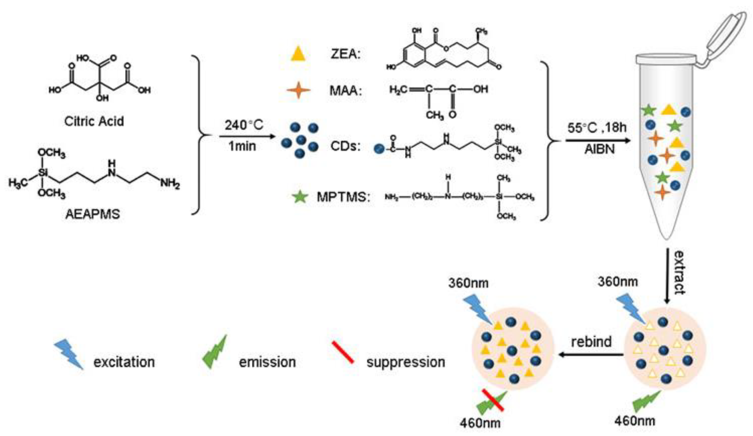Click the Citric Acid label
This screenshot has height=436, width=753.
point(94,121)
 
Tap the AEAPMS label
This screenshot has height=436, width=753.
point(92,214)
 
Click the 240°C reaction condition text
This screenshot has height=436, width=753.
point(244,125)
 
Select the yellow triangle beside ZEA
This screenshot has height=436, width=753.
point(298,55)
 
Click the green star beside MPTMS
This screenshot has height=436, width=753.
point(300,197)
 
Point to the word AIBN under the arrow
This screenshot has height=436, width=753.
point(599,149)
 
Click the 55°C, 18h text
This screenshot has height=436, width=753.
point(597,128)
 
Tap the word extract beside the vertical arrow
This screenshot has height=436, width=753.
point(679,272)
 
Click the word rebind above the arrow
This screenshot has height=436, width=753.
point(591,342)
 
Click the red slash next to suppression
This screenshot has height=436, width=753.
point(343,353)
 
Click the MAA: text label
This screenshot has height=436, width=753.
point(345,90)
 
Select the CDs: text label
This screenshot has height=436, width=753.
point(345,146)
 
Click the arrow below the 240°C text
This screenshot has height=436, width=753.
point(247,137)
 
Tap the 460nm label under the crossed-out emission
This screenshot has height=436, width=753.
point(480,423)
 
